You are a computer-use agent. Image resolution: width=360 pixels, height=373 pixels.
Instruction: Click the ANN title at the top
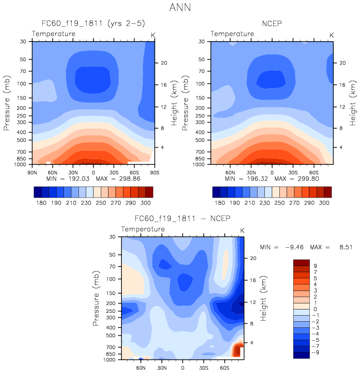click(180, 8)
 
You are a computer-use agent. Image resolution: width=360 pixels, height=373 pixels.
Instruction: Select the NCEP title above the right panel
click(272, 24)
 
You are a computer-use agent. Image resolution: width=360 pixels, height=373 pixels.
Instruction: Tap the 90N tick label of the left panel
click(33, 172)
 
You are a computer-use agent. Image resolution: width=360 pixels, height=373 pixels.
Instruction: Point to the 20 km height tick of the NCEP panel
click(342, 63)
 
